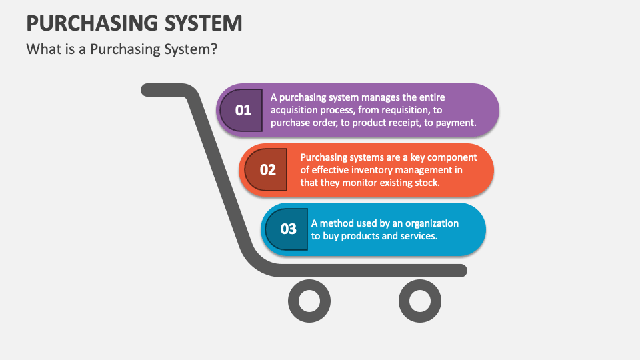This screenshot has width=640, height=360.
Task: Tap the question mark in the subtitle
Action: (x=214, y=49)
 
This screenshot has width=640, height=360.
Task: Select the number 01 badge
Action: (x=241, y=110)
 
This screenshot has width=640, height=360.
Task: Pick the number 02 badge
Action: (x=266, y=170)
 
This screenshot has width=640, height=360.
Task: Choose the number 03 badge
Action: (x=287, y=229)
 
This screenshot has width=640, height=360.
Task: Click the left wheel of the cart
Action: (x=309, y=301)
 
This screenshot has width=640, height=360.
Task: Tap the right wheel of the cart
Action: (x=420, y=301)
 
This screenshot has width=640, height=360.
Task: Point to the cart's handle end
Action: (x=147, y=90)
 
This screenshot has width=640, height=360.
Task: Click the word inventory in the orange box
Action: (x=371, y=170)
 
